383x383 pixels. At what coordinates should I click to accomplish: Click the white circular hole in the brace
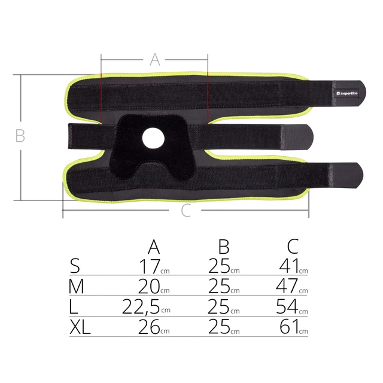pyautogui.click(x=153, y=138)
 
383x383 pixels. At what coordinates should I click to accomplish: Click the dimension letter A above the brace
pyautogui.click(x=154, y=59)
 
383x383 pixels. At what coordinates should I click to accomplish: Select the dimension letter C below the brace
pyautogui.click(x=186, y=211)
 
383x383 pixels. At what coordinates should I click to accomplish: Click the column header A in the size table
pyautogui.click(x=154, y=246)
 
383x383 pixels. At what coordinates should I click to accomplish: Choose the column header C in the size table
pyautogui.click(x=293, y=246)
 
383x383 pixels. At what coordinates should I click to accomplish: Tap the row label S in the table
pyautogui.click(x=75, y=266)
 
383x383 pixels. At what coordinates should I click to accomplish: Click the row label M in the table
pyautogui.click(x=77, y=287)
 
